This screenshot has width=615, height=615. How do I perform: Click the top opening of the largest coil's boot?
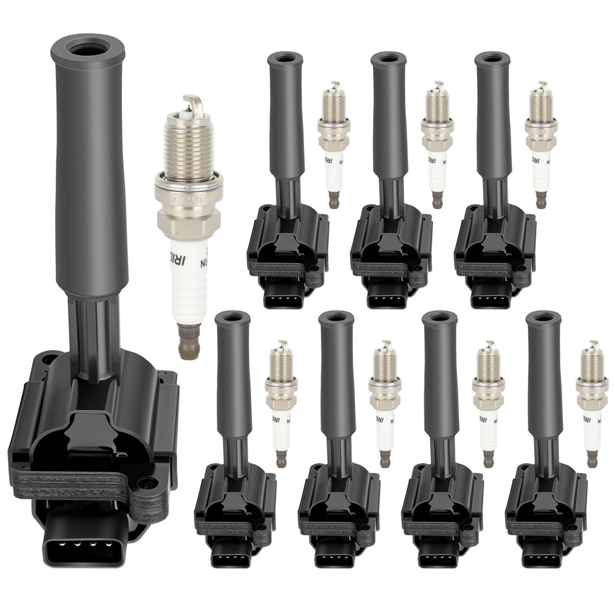tap(88, 47)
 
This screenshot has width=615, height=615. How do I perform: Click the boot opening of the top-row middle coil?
tap(388, 59)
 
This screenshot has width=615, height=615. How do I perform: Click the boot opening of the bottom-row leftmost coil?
tap(232, 319)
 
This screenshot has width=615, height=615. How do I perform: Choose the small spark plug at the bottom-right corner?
tap(592, 403)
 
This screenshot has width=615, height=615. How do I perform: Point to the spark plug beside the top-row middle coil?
tap(437, 144)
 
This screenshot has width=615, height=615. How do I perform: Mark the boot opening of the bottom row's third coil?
tap(440, 319)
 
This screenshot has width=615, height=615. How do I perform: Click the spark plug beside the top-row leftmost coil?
tap(333, 144)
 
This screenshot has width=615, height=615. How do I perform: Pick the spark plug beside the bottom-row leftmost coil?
tap(281, 403)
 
